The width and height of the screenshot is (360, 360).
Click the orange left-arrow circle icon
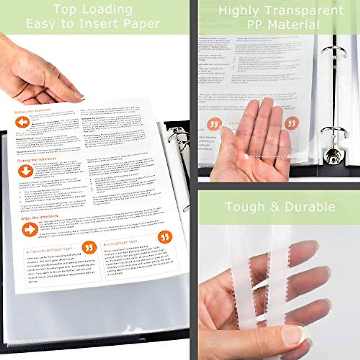(22, 122)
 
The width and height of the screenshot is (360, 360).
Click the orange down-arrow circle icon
(25, 171)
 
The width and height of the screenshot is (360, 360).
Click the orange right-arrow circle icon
(30, 230)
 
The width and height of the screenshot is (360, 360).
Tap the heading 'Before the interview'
(33, 112)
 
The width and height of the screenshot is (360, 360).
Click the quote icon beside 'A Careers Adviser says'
(89, 248)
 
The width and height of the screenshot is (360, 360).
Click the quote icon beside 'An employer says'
(165, 237)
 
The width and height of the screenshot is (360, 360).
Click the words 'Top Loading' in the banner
(93, 10)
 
